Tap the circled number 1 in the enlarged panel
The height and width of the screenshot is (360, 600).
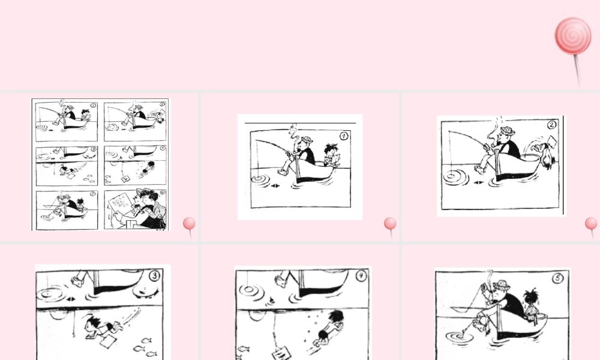tap(344, 136)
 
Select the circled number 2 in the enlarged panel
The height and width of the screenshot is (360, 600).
tap(551, 125)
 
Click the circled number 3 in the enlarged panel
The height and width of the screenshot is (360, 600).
tap(154, 276)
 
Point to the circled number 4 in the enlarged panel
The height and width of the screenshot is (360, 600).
tap(360, 277)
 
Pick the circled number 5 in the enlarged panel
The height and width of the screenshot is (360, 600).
tap(557, 278)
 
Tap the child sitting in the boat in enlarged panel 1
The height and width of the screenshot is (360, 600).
tap(331, 155)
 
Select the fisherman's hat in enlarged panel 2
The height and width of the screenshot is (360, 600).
tap(509, 130)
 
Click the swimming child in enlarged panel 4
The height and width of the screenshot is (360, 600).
tap(329, 328)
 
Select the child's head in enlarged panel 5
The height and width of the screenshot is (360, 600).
tap(530, 298)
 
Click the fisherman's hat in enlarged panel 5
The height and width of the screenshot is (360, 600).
tap(502, 284)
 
